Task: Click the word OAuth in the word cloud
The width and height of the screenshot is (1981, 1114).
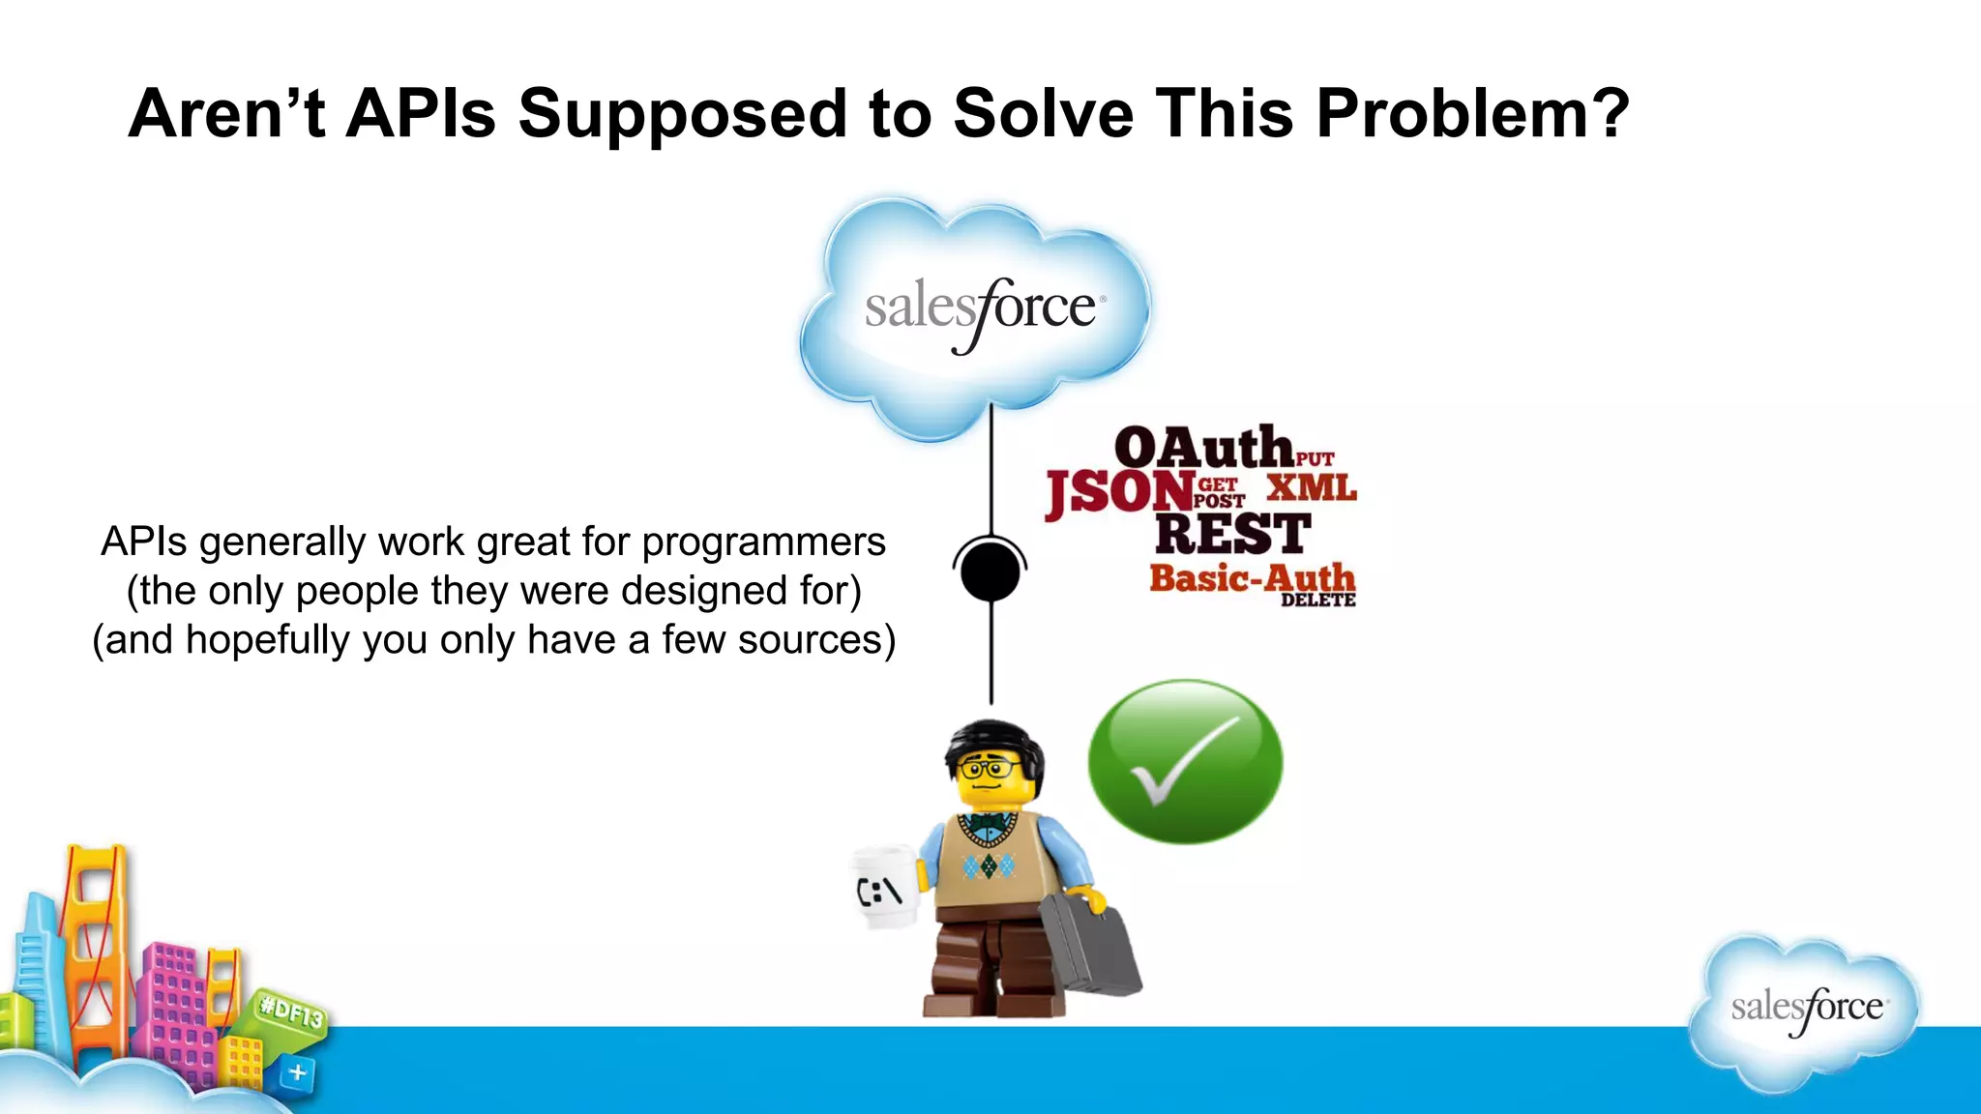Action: point(1203,448)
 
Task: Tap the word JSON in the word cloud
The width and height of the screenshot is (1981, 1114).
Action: point(1118,492)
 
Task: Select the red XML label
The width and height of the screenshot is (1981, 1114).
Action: point(1312,486)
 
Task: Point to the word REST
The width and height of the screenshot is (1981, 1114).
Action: point(1232,534)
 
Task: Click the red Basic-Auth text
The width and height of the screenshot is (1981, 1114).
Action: point(1252,578)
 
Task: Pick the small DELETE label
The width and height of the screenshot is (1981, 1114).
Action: point(1317,601)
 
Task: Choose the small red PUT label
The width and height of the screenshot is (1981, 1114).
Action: point(1316,459)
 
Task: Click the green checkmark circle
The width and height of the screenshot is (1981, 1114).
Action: point(1185,761)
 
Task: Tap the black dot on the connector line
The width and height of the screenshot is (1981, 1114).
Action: point(990,572)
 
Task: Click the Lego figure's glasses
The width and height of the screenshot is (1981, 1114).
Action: point(988,770)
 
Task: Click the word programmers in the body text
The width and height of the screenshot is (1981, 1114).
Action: point(763,542)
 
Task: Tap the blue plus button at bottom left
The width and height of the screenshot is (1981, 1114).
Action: point(297,1072)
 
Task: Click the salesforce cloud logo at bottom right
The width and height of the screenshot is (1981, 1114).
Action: point(1805,1010)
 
